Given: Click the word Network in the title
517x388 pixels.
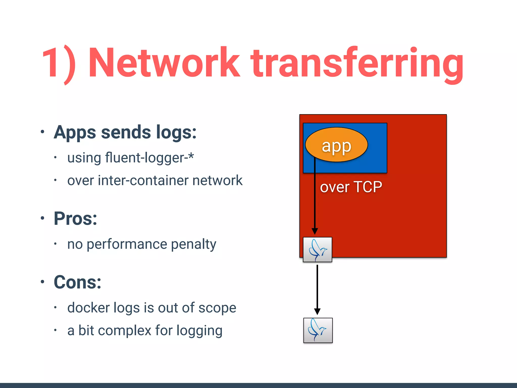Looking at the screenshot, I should (x=164, y=63).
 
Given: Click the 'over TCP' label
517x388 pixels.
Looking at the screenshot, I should (x=351, y=187).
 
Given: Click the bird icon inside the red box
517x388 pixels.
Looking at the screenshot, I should (x=317, y=250).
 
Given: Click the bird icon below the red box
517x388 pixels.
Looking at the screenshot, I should (x=318, y=330).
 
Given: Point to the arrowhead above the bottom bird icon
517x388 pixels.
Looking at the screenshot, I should (x=317, y=311).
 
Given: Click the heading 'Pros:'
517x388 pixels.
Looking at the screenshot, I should (x=75, y=219).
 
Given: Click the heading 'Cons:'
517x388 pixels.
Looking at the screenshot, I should (x=77, y=282).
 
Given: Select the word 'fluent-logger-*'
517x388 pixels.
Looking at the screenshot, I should (x=149, y=158).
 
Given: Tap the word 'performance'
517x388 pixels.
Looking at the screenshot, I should (x=127, y=245).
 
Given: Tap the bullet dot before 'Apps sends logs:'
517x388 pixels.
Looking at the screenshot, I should (x=42, y=132).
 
